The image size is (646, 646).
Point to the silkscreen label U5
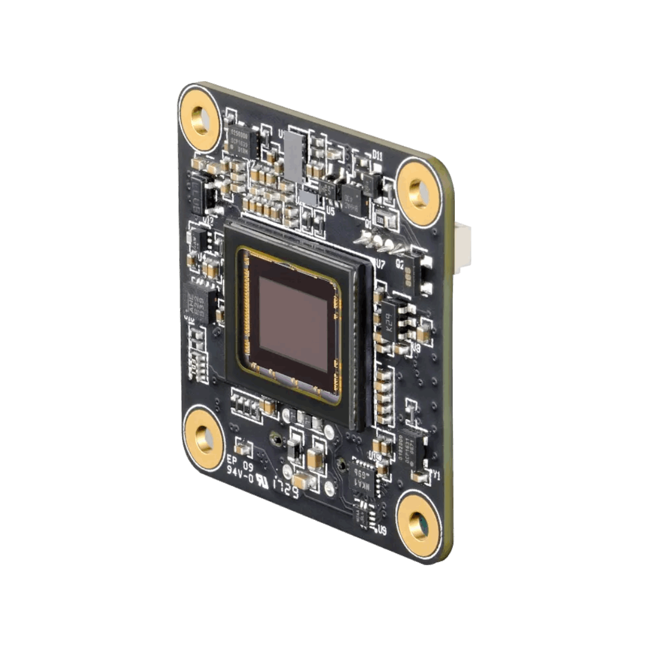coord(330,212)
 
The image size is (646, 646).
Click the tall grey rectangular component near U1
coord(294,156)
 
